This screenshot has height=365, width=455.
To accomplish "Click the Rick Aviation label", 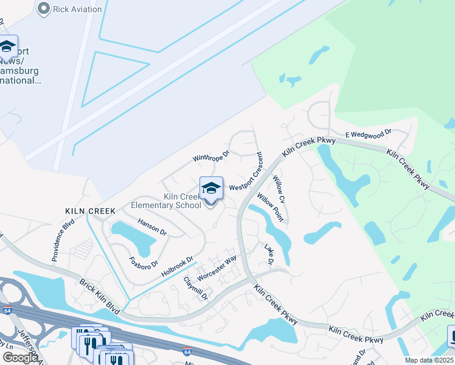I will (78, 9).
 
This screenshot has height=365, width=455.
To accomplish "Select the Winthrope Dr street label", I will (210, 157).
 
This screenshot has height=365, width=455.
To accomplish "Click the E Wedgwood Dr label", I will (367, 133).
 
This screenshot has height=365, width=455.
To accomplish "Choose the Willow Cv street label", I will (279, 189).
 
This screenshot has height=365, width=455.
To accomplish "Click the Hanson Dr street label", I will (152, 227).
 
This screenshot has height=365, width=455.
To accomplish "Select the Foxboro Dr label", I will (144, 263).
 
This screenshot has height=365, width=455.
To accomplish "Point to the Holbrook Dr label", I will (177, 266).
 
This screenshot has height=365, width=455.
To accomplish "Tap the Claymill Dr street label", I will (196, 289).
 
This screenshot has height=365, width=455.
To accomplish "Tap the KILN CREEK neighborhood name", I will (91, 210).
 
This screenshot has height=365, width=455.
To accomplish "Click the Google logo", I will (19, 358).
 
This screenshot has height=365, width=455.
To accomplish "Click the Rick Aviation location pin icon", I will (43, 9).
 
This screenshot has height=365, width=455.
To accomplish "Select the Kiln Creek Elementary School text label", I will (166, 201).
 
